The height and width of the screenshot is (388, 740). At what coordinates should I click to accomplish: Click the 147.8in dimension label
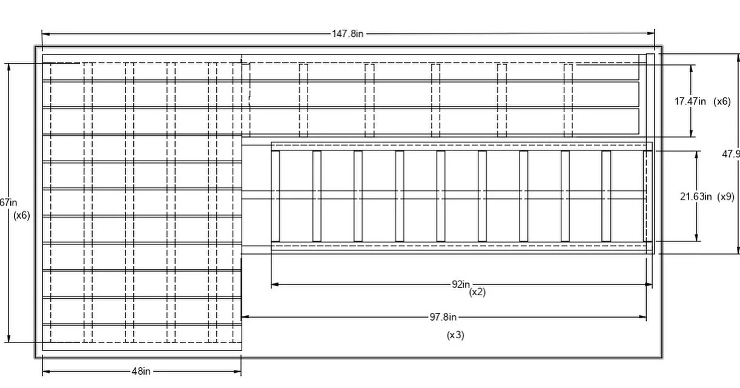348,34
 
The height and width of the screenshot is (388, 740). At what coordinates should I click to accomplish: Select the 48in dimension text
141,372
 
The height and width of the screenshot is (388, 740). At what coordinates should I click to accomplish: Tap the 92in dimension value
461,284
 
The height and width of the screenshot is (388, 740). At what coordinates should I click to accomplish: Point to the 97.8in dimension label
443,316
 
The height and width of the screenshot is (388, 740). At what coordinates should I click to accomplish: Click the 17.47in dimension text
690,101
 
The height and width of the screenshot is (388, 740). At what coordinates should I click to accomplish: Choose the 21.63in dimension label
696,196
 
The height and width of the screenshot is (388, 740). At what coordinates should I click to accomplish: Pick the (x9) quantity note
725,196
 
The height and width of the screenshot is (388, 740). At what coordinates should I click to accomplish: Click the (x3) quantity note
455,335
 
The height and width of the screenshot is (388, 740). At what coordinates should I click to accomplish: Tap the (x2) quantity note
477,292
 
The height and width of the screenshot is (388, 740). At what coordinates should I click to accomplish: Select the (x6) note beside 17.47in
722,101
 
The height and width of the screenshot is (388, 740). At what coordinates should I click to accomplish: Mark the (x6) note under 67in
22,215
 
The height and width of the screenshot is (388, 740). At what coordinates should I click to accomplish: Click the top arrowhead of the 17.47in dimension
691,67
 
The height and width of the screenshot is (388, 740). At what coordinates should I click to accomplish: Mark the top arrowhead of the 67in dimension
9,66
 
